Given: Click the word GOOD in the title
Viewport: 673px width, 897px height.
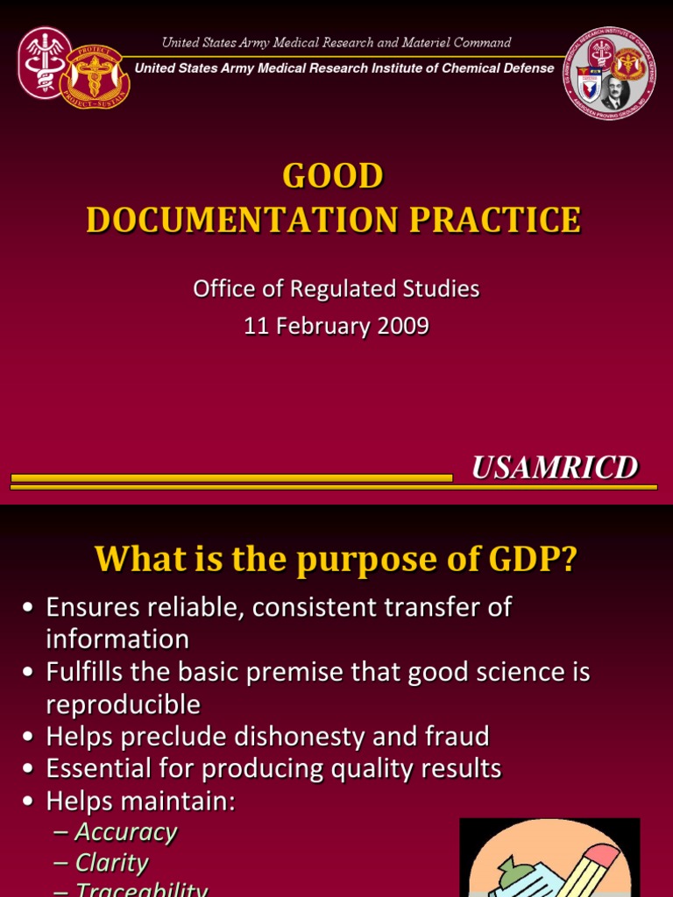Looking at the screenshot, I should point(333,176).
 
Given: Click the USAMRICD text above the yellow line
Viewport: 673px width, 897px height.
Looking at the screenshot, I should point(555,469).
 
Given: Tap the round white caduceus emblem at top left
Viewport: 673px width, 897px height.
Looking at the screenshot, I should point(44,62).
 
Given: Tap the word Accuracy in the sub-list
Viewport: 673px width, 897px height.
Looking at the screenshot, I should point(125,831).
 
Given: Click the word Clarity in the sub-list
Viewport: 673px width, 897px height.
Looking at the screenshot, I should point(111,863).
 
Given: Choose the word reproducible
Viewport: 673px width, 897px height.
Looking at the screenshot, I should point(123,704).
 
